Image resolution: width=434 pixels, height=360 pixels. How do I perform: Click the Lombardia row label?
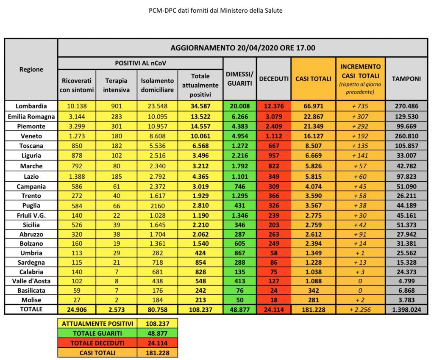coord(31,106)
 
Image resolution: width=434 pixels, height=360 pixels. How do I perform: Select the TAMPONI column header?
coord(406,79)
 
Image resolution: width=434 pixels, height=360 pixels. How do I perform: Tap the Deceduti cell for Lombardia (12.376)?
coord(274,106)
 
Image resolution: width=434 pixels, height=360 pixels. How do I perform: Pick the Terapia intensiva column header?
coord(116,84)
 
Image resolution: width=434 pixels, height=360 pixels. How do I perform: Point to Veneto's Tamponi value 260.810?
coord(406,136)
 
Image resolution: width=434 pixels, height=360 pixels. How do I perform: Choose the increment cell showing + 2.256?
coord(360,310)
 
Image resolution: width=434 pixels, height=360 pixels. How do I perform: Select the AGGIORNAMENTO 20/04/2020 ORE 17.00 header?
coord(242,48)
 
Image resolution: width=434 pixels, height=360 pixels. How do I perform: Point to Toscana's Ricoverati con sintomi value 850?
coord(77,146)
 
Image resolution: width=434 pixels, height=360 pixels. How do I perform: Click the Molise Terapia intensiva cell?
coord(116,300)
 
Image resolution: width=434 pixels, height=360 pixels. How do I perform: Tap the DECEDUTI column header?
coord(274,79)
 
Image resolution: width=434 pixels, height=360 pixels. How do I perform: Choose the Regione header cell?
coord(31,69)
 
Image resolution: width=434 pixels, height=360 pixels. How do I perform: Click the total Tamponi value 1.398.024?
coord(406,310)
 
